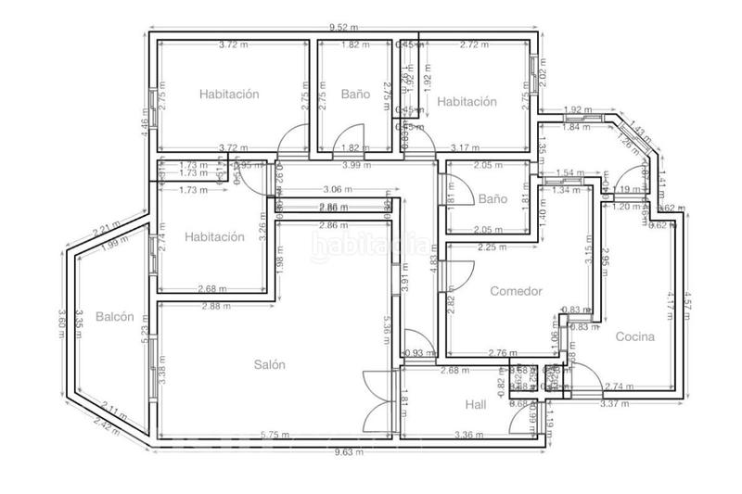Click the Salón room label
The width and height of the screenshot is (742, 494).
tap(270, 364)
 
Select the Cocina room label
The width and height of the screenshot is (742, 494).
tap(635, 336)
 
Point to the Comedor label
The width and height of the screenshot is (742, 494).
tap(516, 291)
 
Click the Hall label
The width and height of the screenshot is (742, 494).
tap(476, 404)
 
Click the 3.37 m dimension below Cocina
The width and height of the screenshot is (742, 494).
tap(614, 404)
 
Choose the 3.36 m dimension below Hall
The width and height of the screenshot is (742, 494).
tap(467, 435)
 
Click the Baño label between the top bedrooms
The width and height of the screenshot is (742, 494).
tap(354, 95)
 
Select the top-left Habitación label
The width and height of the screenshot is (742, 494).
tap(228, 94)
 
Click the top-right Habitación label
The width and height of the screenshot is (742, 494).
tap(467, 102)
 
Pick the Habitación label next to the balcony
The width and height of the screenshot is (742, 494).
tap(214, 236)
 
